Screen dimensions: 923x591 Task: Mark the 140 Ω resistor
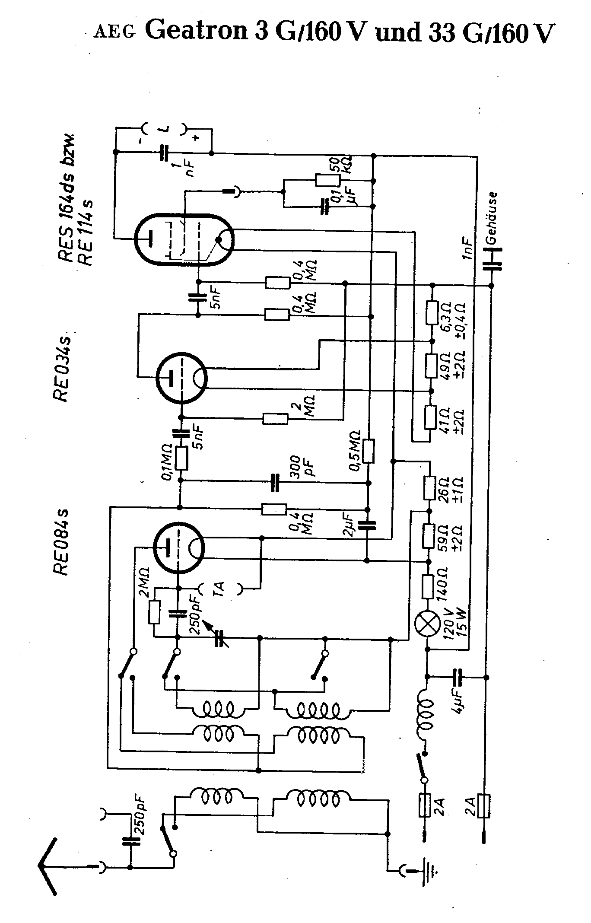tap(428, 586)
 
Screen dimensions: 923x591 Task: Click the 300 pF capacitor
tap(275, 483)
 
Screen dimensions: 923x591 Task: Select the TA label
tap(220, 588)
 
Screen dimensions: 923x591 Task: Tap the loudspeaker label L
tap(165, 128)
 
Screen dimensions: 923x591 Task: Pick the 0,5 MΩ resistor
tap(368, 452)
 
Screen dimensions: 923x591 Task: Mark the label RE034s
tap(61, 367)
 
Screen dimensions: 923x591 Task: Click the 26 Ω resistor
tap(429, 488)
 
